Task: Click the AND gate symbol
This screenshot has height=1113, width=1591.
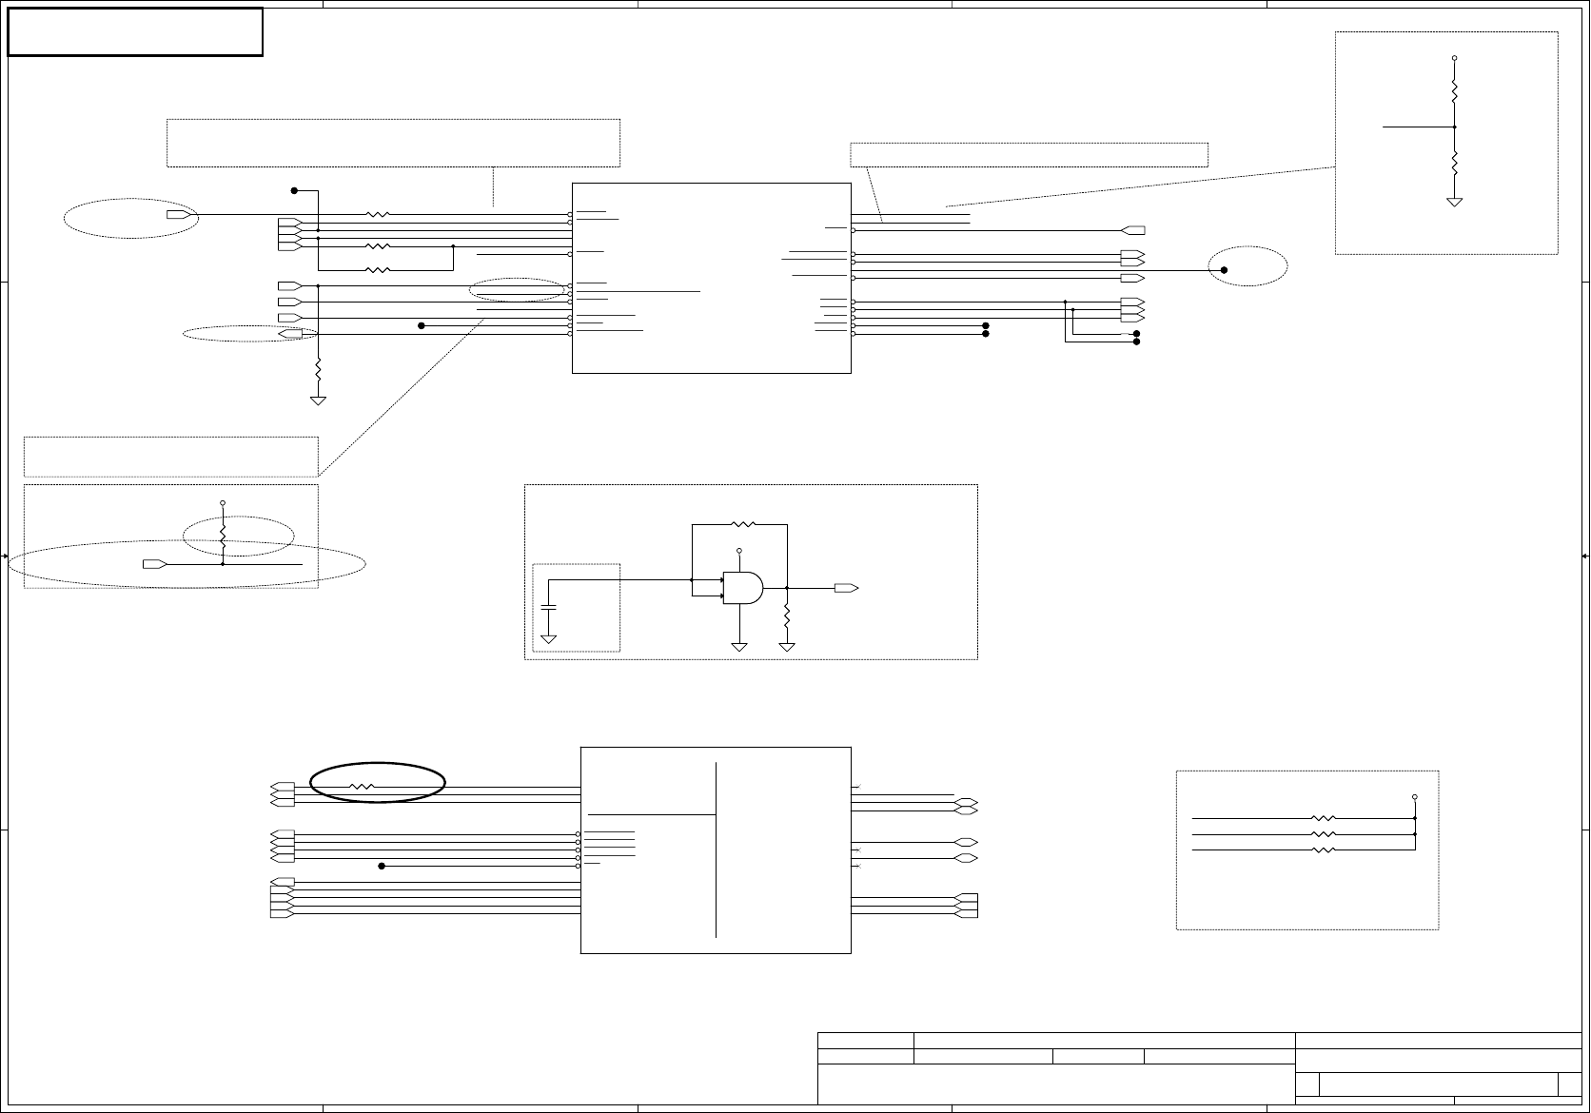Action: click(x=742, y=588)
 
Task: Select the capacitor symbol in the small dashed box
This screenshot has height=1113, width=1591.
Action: click(x=549, y=606)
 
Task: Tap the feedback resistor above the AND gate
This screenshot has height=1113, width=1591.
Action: click(x=741, y=524)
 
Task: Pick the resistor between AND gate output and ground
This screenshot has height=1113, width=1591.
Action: click(x=787, y=615)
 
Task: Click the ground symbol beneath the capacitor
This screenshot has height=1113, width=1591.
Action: click(x=549, y=638)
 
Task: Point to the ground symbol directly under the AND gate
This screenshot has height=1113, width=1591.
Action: click(x=739, y=647)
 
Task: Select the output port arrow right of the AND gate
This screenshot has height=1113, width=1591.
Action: click(x=846, y=588)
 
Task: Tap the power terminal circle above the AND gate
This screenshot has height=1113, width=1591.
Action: click(x=739, y=551)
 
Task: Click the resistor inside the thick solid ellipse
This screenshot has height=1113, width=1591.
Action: click(x=363, y=787)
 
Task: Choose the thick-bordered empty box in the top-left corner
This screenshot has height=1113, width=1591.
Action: click(x=135, y=31)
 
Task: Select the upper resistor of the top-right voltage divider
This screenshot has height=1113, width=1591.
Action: click(x=1454, y=92)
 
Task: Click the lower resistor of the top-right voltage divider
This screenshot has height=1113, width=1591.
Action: click(x=1454, y=163)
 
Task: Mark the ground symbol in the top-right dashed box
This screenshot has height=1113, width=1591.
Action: click(x=1454, y=203)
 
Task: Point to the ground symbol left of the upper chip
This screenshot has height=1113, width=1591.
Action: click(x=318, y=400)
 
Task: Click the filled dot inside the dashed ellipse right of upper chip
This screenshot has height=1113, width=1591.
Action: click(x=1225, y=270)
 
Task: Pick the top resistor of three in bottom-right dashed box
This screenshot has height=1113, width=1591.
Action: click(x=1324, y=818)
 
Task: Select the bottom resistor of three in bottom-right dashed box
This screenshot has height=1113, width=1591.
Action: click(x=1324, y=849)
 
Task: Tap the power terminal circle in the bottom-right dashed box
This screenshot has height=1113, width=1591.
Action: click(x=1415, y=797)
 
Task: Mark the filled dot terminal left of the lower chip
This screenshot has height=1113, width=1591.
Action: click(x=382, y=866)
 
